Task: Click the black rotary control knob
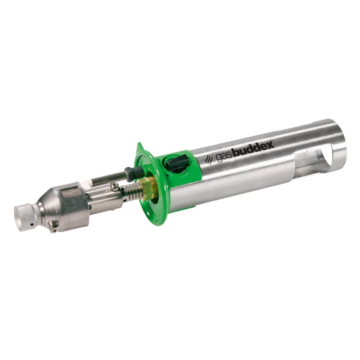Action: [176, 163]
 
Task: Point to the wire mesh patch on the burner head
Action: [72, 193]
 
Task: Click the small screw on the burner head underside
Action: [54, 227]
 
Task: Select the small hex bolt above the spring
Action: [116, 186]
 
